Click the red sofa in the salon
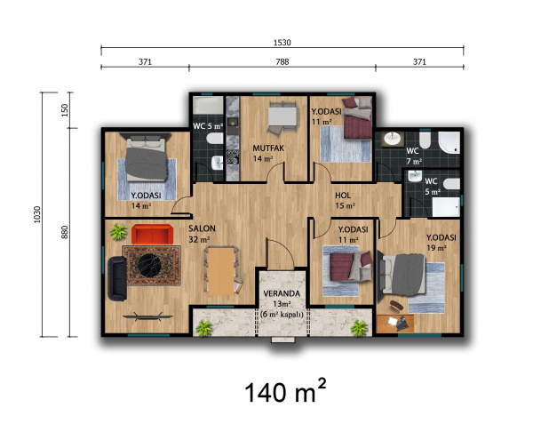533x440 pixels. point(152,234)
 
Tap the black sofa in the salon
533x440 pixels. point(117,279)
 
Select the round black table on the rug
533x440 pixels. point(151,265)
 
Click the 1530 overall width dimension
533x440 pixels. point(282,43)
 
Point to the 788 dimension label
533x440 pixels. point(282,61)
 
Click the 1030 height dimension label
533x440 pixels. point(37,214)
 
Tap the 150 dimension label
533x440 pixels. point(65,110)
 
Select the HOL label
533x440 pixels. point(343,196)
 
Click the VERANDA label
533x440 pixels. point(282,293)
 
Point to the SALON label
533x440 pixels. point(202,228)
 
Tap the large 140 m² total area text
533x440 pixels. point(285,390)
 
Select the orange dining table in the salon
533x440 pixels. point(221,271)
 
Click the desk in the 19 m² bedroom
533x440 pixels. point(395,324)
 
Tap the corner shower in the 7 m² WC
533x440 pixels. point(449,142)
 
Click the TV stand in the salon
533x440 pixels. point(147,317)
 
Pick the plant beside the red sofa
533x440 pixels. point(119,232)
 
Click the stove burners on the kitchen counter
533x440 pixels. point(233,156)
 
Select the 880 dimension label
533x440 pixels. point(65,232)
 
